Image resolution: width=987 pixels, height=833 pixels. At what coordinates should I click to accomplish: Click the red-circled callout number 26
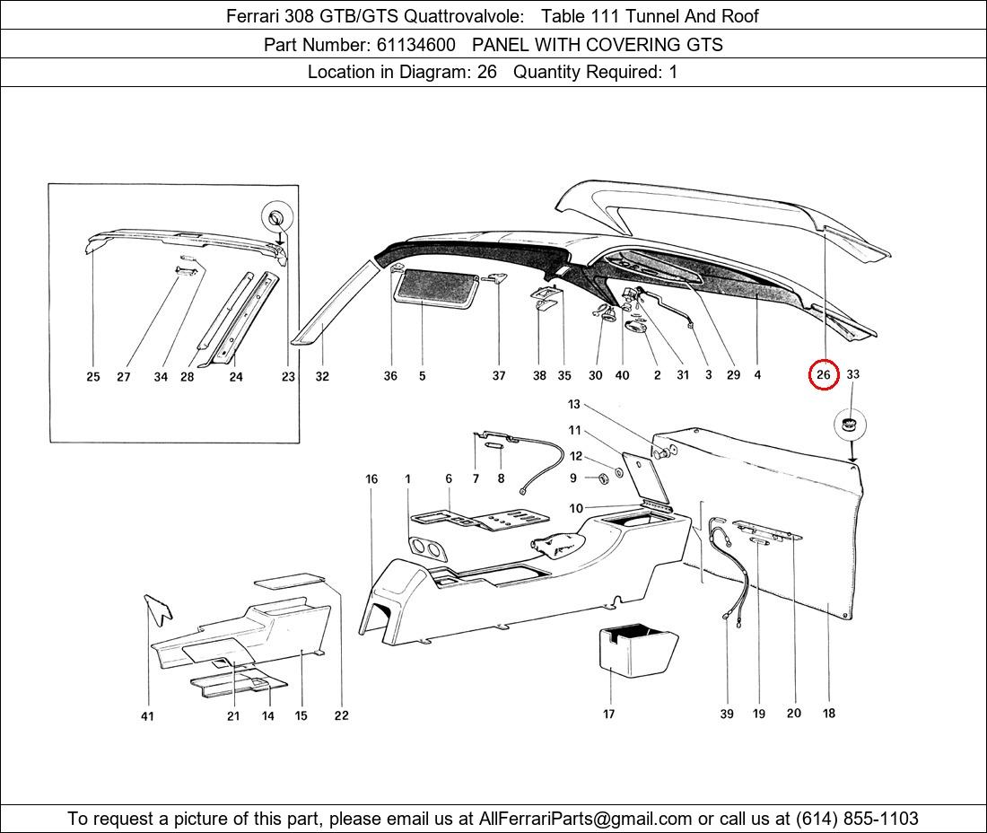pyautogui.click(x=824, y=375)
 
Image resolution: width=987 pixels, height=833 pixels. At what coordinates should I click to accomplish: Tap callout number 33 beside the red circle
pyautogui.click(x=852, y=374)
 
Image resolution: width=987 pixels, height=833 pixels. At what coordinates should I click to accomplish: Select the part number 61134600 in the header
pyautogui.click(x=416, y=45)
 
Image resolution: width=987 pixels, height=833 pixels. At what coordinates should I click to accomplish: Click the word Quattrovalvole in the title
pyautogui.click(x=463, y=16)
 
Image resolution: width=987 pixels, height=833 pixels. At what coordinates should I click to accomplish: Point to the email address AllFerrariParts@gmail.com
pyautogui.click(x=585, y=819)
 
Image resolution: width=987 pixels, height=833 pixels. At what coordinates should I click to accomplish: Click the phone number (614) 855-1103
pyautogui.click(x=857, y=819)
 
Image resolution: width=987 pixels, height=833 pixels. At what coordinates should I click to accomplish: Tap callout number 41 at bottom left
pyautogui.click(x=146, y=716)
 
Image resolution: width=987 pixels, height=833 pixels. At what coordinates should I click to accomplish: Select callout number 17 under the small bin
pyautogui.click(x=608, y=714)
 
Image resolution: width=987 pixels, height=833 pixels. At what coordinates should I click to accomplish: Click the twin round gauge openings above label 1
pyautogui.click(x=425, y=548)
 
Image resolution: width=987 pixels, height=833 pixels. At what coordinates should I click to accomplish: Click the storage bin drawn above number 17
pyautogui.click(x=637, y=650)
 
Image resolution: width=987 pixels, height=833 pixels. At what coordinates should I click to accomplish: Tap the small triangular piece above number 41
pyautogui.click(x=158, y=609)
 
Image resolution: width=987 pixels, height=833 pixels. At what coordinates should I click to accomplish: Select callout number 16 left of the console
pyautogui.click(x=371, y=479)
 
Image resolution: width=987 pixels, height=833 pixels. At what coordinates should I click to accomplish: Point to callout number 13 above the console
pyautogui.click(x=574, y=404)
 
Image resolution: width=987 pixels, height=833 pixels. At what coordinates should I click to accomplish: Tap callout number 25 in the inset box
pyautogui.click(x=92, y=376)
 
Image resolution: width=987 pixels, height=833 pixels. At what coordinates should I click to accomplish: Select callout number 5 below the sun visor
pyautogui.click(x=423, y=376)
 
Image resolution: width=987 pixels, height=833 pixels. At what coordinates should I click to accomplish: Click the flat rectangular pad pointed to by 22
pyautogui.click(x=290, y=580)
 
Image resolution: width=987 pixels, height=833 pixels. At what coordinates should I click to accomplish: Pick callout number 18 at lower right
pyautogui.click(x=829, y=713)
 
